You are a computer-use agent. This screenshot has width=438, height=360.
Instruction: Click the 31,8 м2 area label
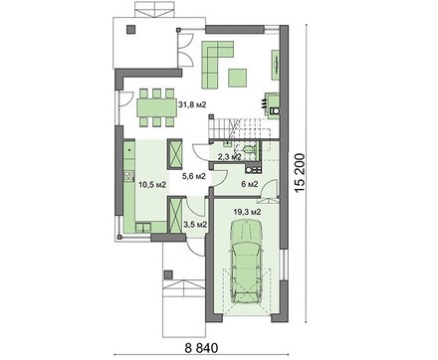click(192, 105)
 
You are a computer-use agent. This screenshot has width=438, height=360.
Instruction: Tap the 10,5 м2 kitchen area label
click(152, 185)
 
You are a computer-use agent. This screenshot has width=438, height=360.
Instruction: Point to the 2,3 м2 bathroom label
click(229, 157)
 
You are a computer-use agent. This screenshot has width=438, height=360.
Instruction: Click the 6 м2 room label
click(250, 184)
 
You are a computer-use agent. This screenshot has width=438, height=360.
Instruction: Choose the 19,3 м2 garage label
click(247, 212)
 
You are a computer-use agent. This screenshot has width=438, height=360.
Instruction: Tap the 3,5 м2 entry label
click(195, 225)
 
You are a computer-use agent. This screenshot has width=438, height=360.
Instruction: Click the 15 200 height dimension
click(300, 173)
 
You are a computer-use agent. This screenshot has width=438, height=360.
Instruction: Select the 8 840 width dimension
click(201, 348)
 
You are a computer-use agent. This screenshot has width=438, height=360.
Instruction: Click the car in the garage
click(247, 261)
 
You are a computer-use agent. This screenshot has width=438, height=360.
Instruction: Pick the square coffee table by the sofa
click(238, 78)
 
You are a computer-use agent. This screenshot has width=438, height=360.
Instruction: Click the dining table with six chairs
click(157, 107)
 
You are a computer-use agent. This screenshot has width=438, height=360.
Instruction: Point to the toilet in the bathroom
click(247, 149)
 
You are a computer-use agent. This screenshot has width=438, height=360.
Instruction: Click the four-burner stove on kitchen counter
click(129, 176)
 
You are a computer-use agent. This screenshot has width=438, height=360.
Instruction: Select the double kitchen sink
click(143, 228)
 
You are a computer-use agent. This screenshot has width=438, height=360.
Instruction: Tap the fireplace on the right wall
click(273, 104)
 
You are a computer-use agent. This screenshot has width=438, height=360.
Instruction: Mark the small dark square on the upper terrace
click(131, 29)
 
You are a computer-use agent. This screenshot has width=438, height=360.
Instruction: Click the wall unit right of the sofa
click(276, 65)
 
